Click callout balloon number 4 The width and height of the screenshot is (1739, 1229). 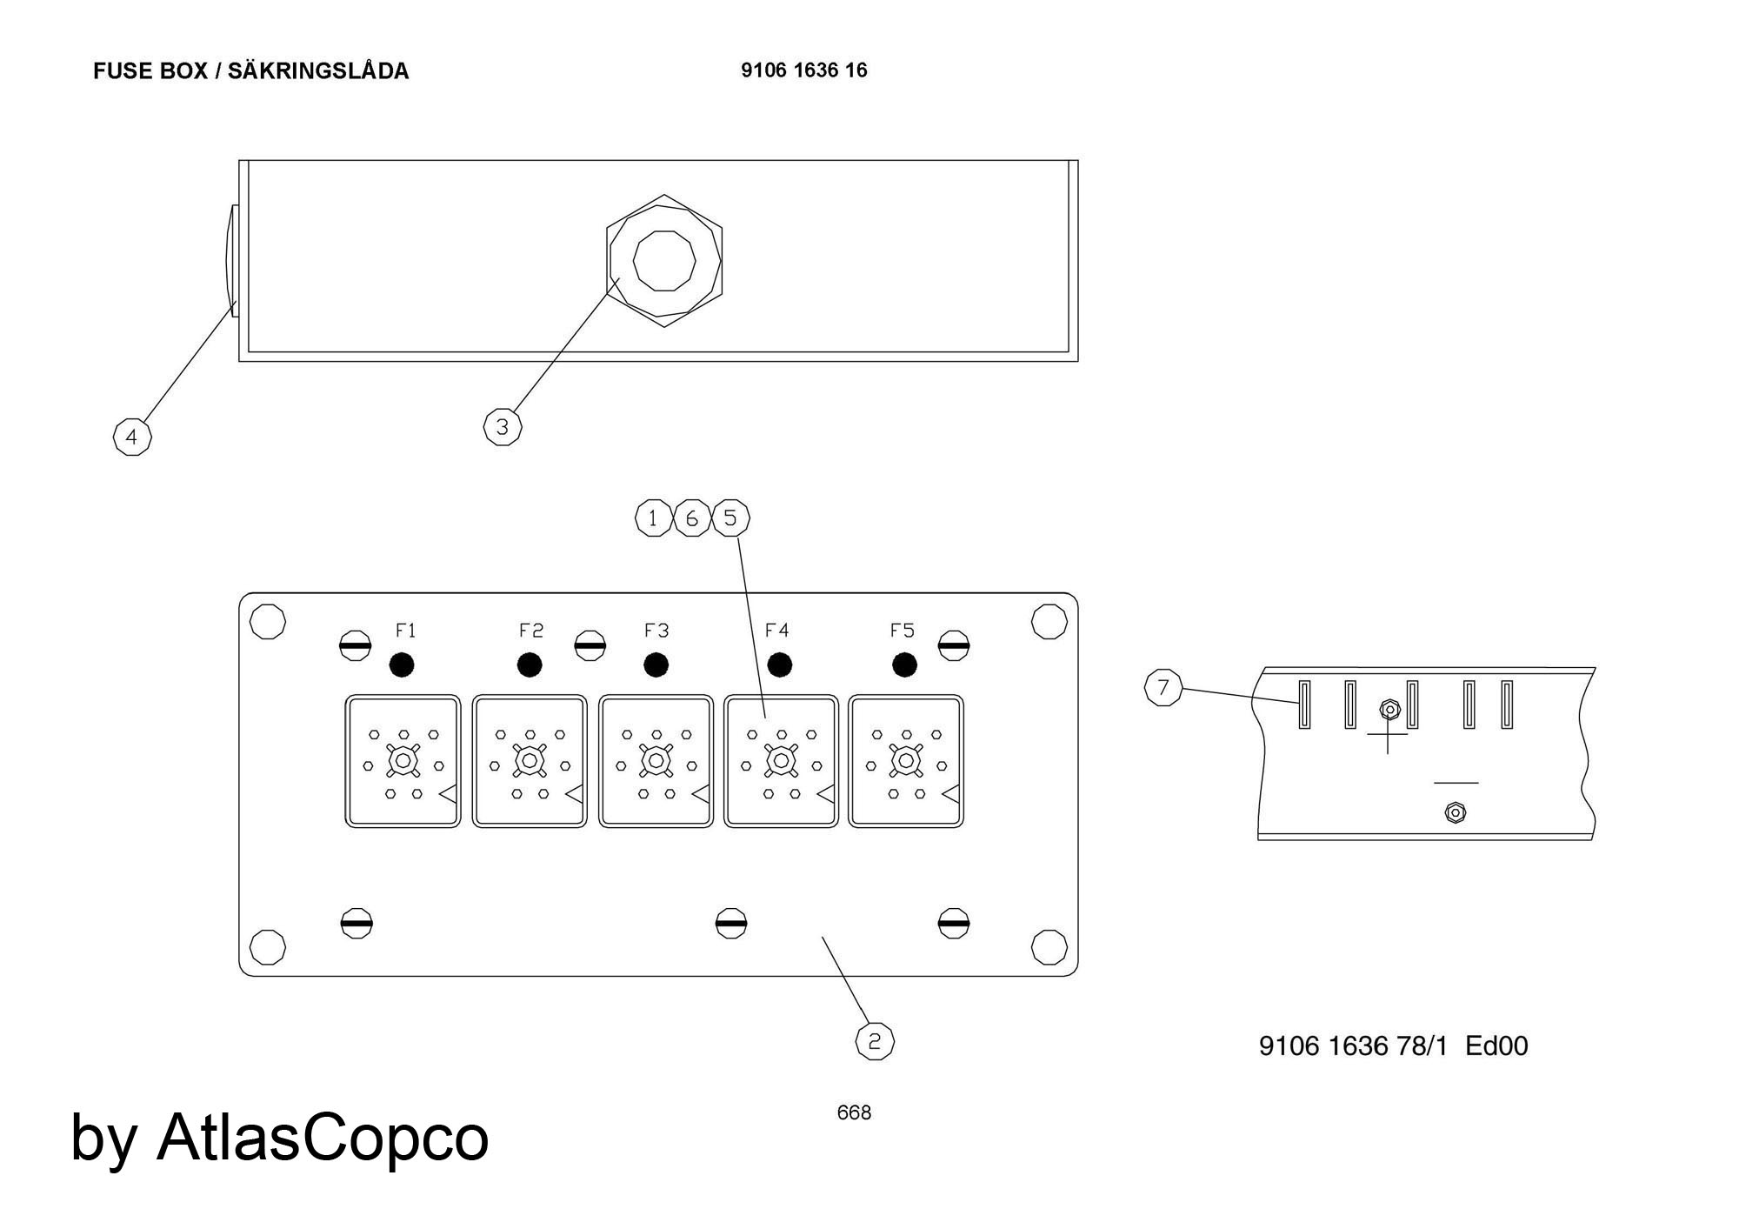[x=132, y=437]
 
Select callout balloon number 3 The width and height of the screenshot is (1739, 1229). [x=503, y=427]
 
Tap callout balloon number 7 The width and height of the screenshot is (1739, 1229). [x=1163, y=688]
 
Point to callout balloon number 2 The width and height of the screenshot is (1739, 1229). [x=875, y=1041]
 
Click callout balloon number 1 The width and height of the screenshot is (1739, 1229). [x=653, y=518]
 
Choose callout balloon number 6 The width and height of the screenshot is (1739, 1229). [x=692, y=518]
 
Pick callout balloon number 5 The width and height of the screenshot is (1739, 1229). [x=730, y=518]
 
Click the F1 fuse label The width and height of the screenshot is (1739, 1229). [x=406, y=630]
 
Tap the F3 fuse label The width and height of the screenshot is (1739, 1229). [x=656, y=630]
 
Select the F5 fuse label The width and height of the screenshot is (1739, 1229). [x=903, y=630]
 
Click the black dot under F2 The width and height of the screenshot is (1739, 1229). [x=530, y=665]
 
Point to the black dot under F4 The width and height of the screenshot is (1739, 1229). [x=779, y=665]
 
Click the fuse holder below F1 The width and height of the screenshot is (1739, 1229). [x=403, y=761]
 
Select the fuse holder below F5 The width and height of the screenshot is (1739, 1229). [x=906, y=761]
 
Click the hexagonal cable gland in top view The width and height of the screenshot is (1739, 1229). [x=664, y=261]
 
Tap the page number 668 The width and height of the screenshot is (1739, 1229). [x=854, y=1112]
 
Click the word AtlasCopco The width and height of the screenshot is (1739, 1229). [x=323, y=1136]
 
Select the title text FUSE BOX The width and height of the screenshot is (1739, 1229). [x=150, y=70]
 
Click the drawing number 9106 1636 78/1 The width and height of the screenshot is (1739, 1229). [x=1354, y=1045]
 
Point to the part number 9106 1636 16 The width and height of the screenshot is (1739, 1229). [x=804, y=70]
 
